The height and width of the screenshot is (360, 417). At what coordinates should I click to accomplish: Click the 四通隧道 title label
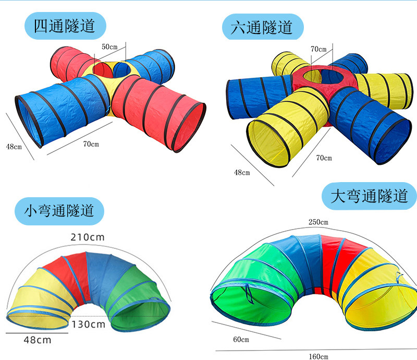(x=65, y=26)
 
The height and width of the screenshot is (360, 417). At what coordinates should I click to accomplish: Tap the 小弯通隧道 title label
(x=59, y=210)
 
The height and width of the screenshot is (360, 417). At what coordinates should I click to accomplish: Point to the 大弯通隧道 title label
(x=369, y=196)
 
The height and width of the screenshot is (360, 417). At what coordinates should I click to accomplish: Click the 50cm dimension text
(x=109, y=47)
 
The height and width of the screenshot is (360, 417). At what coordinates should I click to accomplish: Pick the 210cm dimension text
(x=88, y=237)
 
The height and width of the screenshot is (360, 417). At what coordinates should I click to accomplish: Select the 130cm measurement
(x=88, y=324)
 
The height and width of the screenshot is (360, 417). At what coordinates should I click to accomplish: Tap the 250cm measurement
(x=318, y=222)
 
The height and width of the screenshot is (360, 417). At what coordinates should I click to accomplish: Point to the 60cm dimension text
(x=241, y=340)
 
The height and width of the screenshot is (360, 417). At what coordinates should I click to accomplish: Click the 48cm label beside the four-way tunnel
(x=14, y=147)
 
